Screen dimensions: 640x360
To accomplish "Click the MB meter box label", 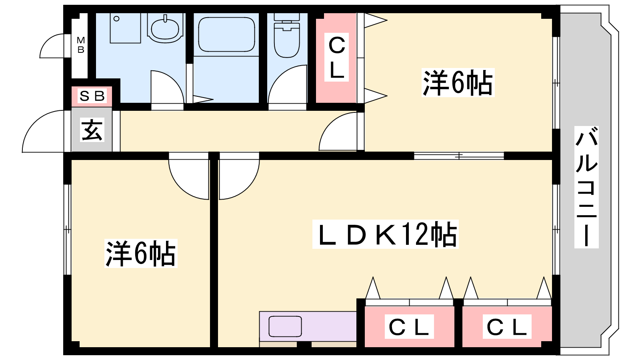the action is [81, 45].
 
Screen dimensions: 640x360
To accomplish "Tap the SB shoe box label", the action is [92, 96].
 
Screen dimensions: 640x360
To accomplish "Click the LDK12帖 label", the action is [386, 234].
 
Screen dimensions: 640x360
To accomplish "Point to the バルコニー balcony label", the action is [586, 187].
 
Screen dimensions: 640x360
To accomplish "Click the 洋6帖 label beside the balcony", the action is [458, 82].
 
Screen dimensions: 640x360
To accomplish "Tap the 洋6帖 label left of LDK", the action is [141, 254].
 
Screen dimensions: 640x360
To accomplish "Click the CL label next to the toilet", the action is [336, 58].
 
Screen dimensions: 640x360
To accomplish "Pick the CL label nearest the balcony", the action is [507, 327].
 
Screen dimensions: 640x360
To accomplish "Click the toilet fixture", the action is [287, 36].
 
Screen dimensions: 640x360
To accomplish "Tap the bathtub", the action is [226, 34].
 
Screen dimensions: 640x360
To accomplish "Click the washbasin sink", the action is [165, 28].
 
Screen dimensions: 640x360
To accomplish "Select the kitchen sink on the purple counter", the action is [285, 326].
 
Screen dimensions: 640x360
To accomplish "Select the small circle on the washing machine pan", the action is [116, 19].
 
